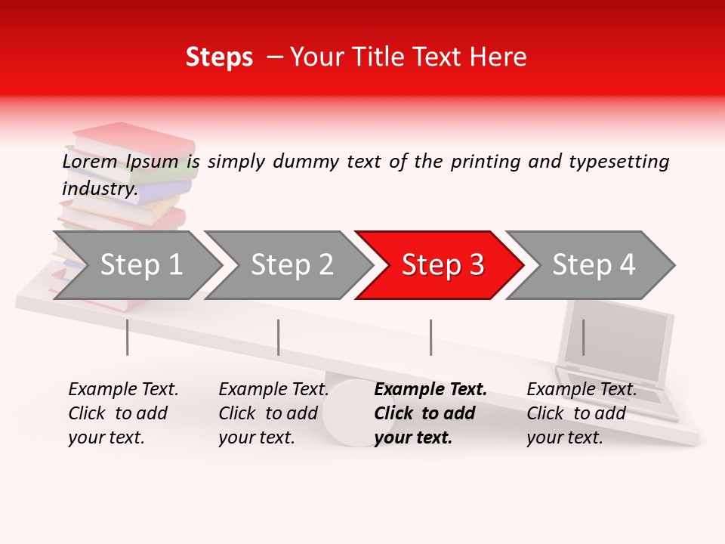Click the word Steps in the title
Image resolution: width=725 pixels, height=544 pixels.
click(x=219, y=57)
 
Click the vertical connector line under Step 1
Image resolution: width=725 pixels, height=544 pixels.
click(x=128, y=337)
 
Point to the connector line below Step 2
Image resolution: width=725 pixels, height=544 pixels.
click(x=279, y=337)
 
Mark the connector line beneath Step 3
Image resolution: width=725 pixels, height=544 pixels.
click(x=430, y=337)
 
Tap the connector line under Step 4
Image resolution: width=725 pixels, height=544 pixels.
click(x=583, y=337)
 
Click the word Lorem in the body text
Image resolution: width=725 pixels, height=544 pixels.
click(x=90, y=161)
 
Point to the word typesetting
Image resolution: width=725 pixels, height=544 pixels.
click(x=619, y=161)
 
